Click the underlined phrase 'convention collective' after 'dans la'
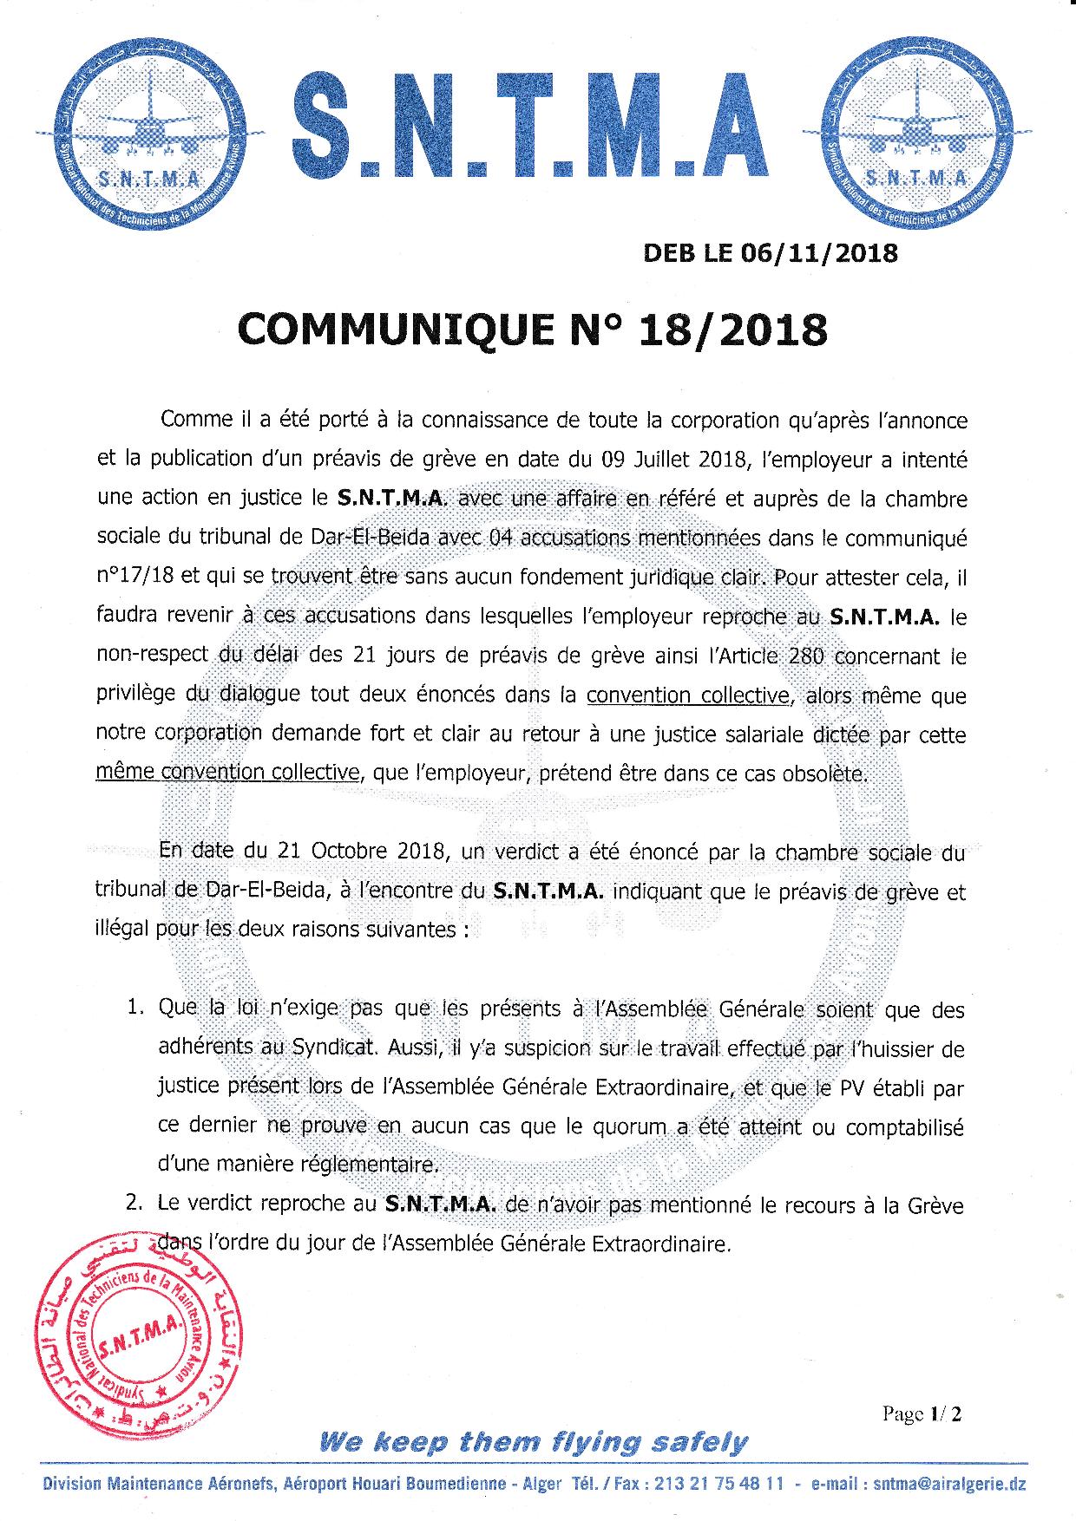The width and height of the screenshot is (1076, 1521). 688,696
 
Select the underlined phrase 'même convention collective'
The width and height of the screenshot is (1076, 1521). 227,771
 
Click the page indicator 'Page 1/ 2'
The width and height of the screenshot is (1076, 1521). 922,1413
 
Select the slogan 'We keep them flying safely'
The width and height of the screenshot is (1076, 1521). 533,1442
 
